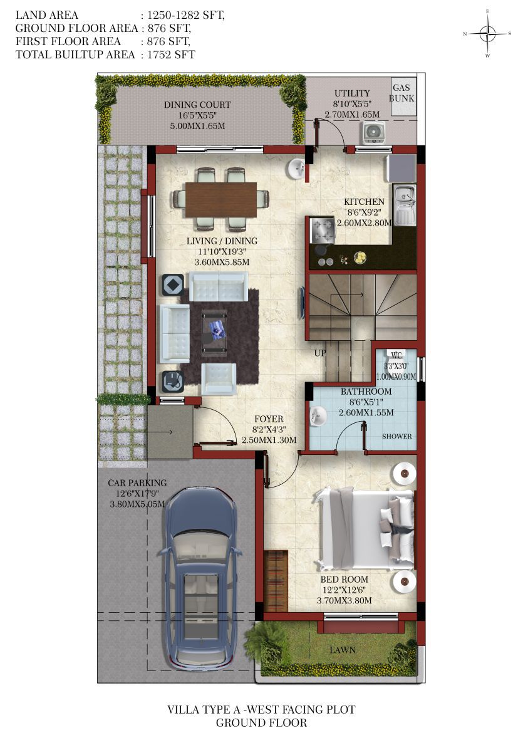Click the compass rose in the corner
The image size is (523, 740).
(x=488, y=33)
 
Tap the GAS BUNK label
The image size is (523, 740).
(x=401, y=93)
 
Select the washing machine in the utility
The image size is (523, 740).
(x=374, y=133)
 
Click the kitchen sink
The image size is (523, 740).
(x=404, y=205)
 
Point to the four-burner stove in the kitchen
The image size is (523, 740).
(x=322, y=230)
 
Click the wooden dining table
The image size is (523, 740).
(x=220, y=200)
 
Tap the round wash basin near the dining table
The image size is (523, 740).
(x=297, y=169)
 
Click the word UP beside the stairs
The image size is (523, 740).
(x=319, y=353)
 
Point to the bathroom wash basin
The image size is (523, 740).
(x=318, y=416)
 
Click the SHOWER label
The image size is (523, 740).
(x=396, y=436)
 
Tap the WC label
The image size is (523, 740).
(x=396, y=355)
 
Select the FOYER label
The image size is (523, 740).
(x=269, y=419)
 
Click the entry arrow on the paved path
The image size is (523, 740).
(x=143, y=431)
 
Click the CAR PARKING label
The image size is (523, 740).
(x=137, y=483)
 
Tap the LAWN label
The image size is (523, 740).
(x=343, y=650)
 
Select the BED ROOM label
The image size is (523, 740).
(x=344, y=579)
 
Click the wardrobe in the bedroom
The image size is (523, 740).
(x=276, y=580)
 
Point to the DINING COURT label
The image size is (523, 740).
(x=197, y=105)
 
